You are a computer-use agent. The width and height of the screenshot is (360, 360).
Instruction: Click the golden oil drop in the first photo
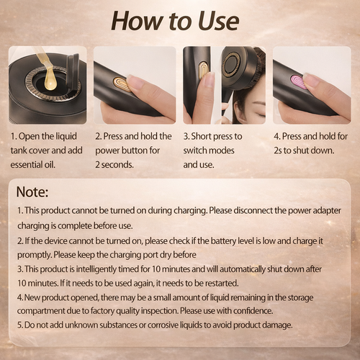pyautogui.click(x=50, y=80)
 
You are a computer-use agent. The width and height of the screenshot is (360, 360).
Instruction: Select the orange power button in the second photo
pyautogui.click(x=123, y=84)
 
